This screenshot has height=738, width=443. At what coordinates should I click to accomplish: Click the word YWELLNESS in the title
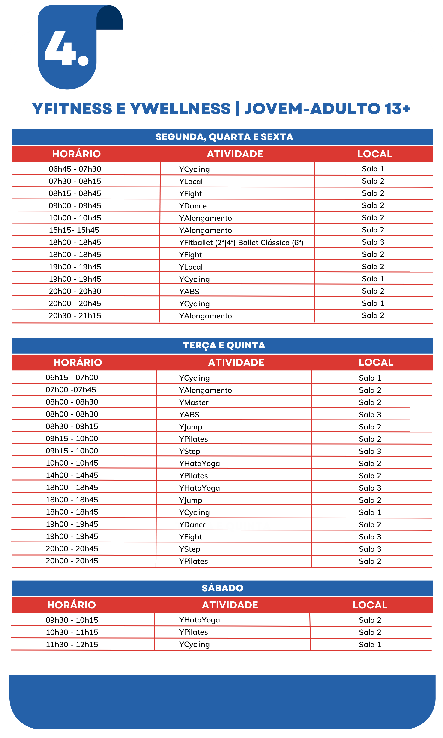(x=180, y=109)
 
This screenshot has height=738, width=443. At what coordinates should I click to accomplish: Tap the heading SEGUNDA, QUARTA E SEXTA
(x=224, y=137)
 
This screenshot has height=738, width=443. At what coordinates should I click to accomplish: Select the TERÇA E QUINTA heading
(x=224, y=345)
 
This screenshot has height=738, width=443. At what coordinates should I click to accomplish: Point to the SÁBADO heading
(x=222, y=588)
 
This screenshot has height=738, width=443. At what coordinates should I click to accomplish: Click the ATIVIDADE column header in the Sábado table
(x=230, y=605)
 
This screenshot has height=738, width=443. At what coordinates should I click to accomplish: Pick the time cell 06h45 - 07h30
(x=75, y=169)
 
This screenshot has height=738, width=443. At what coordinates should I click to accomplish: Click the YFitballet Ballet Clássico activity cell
(x=241, y=243)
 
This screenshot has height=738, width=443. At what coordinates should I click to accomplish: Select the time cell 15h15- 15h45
(x=74, y=230)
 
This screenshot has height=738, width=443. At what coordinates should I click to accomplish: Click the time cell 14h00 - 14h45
(x=72, y=475)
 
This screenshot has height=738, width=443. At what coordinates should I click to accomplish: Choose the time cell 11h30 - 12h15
(x=72, y=644)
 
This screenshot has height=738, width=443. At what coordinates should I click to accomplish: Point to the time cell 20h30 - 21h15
(x=75, y=315)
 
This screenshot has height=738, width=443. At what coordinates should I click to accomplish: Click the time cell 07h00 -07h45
(x=71, y=390)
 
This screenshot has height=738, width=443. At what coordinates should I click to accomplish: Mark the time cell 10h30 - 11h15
(x=72, y=632)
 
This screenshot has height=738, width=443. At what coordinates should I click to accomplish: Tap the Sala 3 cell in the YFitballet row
(x=373, y=242)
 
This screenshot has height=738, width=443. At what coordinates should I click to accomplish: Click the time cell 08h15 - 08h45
(x=75, y=193)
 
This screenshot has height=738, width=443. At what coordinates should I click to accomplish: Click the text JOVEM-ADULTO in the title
(x=312, y=109)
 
